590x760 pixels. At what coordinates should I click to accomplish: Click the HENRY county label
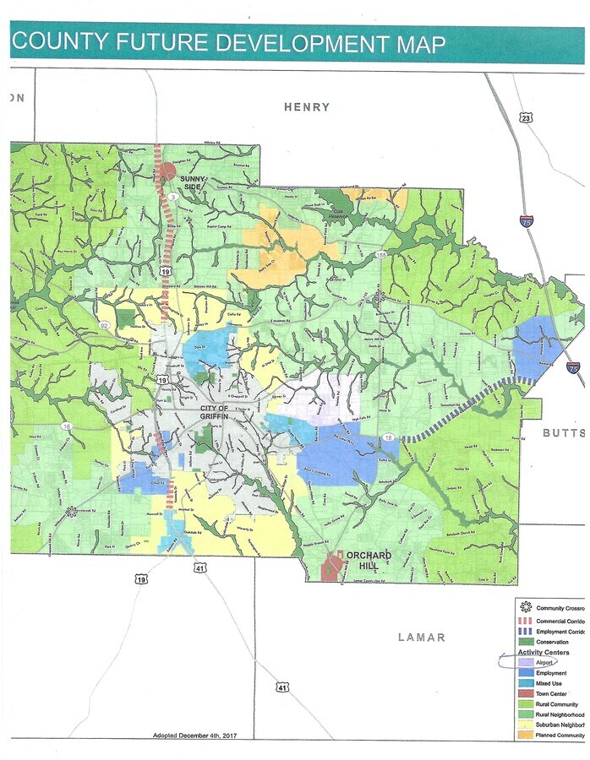pyautogui.click(x=307, y=107)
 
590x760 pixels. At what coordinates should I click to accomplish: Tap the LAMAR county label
pyautogui.click(x=421, y=637)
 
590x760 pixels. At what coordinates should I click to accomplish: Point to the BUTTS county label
pyautogui.click(x=564, y=432)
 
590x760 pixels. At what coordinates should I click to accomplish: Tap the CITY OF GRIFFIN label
pyautogui.click(x=215, y=412)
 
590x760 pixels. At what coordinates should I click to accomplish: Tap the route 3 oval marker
pyautogui.click(x=172, y=197)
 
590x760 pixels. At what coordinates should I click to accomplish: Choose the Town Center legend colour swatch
pyautogui.click(x=525, y=692)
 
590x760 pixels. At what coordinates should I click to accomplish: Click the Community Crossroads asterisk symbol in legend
pyautogui.click(x=525, y=607)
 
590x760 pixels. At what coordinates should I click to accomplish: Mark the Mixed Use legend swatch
pyautogui.click(x=525, y=682)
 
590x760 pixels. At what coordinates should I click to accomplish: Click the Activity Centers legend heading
pyautogui.click(x=543, y=652)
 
